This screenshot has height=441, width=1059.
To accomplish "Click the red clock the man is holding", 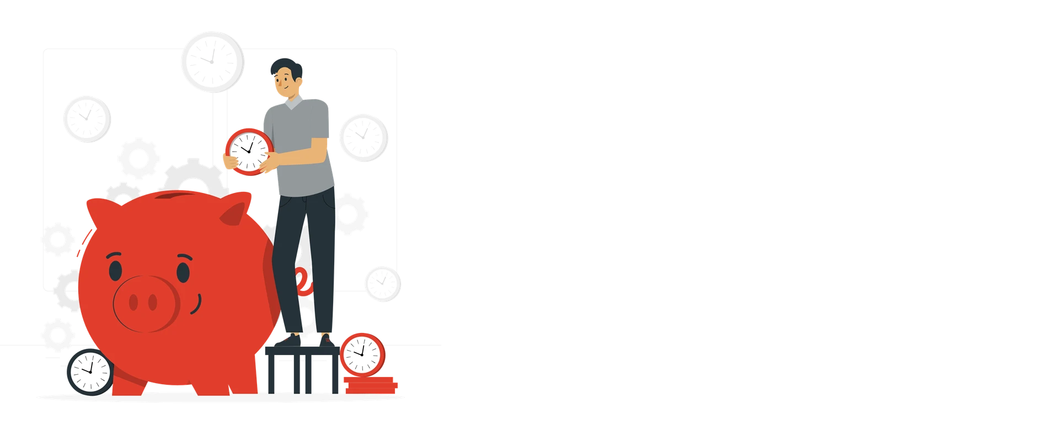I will [x=249, y=151].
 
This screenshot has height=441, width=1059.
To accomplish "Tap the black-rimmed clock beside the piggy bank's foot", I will [x=89, y=371].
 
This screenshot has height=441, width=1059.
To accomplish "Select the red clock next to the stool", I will [x=361, y=353].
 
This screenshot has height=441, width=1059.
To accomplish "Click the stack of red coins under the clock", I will [x=372, y=384].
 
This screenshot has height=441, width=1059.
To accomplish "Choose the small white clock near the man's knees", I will [x=382, y=283].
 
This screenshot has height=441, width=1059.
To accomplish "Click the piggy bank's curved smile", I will [x=198, y=303].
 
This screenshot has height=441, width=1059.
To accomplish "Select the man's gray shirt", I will [x=301, y=143].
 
